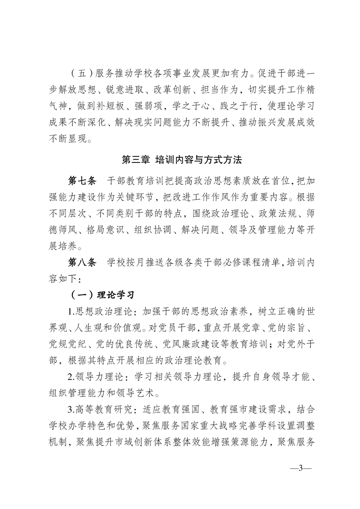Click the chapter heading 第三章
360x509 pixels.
[x=138, y=160]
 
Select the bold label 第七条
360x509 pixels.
[x=82, y=182]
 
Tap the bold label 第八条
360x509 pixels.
[x=82, y=262]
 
